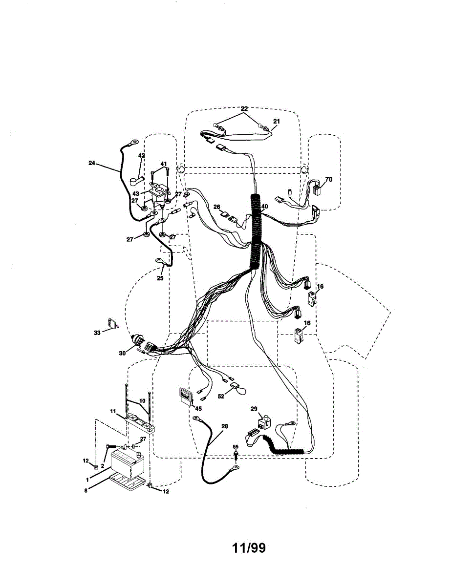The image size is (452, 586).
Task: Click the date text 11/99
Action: [x=249, y=547]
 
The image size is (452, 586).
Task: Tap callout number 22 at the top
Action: [x=244, y=108]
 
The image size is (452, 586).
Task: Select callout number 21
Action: [x=277, y=121]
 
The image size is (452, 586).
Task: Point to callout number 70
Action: [x=328, y=180]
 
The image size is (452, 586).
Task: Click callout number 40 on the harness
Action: [x=264, y=207]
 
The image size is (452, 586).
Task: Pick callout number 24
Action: [x=91, y=163]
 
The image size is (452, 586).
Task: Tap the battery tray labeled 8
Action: [x=128, y=481]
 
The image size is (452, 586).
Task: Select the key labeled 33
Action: [x=113, y=324]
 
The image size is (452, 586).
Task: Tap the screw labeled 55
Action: [x=236, y=455]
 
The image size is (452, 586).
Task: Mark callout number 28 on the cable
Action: [x=224, y=426]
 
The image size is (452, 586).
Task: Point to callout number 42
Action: [x=141, y=156]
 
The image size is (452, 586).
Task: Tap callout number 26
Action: [x=216, y=207]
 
